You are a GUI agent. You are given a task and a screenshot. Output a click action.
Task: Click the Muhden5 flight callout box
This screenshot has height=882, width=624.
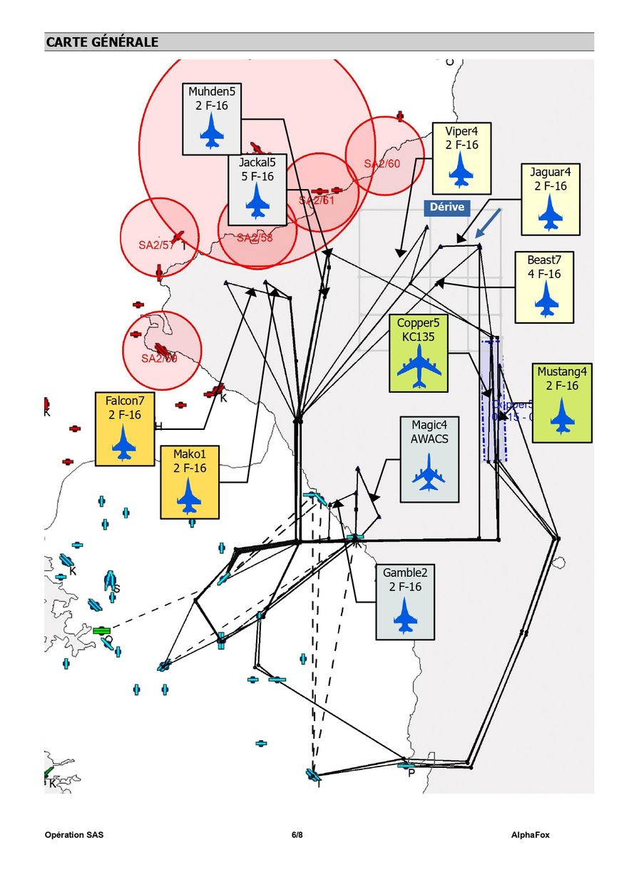click(x=212, y=118)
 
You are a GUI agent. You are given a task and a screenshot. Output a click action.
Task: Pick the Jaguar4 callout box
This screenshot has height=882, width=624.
click(x=550, y=199)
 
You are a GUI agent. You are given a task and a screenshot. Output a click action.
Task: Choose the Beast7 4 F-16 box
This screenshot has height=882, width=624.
click(x=544, y=287)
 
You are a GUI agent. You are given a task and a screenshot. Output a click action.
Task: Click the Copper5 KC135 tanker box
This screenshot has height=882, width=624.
click(x=419, y=353)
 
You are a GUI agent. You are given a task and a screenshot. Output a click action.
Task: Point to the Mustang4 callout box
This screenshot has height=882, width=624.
click(x=562, y=402)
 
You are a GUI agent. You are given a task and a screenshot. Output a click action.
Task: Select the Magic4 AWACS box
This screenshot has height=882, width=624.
click(x=429, y=459)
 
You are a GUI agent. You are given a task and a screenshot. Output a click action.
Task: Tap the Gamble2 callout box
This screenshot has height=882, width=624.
click(x=405, y=600)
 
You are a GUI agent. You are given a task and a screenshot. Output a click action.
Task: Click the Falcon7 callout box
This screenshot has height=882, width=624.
click(x=125, y=429)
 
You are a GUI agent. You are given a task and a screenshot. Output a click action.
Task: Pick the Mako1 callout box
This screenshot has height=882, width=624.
click(x=190, y=481)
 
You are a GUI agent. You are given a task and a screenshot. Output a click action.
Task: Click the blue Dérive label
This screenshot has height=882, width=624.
click(x=447, y=207)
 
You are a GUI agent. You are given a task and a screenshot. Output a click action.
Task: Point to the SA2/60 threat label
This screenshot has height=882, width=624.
click(x=382, y=163)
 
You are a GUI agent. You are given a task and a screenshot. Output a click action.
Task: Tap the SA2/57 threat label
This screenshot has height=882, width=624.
click(x=156, y=245)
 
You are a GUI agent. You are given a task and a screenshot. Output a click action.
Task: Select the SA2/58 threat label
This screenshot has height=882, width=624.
click(x=255, y=237)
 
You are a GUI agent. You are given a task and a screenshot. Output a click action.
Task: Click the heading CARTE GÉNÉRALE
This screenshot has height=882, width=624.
click(x=102, y=42)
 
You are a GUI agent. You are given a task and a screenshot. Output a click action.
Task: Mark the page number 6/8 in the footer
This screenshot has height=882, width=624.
click(x=297, y=835)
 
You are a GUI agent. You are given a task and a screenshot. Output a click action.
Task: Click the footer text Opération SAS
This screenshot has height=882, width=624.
click(x=74, y=835)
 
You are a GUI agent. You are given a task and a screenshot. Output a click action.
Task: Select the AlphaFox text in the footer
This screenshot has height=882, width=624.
click(x=530, y=835)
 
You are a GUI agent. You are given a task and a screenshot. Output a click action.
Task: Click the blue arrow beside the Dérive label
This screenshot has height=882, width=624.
click(x=489, y=222)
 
